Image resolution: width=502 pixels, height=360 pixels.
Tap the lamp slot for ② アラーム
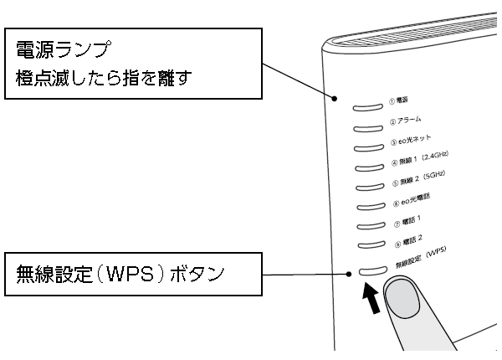point(366,129)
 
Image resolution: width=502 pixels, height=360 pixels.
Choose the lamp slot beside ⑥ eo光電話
point(370,208)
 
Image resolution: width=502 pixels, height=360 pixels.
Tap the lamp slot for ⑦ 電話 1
point(371,229)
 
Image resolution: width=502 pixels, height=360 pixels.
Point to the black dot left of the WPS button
point(351,273)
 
